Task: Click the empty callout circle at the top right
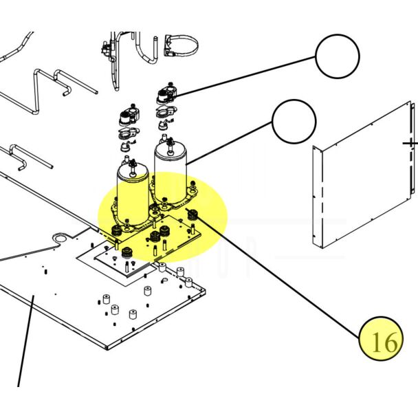(337, 56)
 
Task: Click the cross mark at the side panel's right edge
(411, 144)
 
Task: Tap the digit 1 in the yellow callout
(376, 342)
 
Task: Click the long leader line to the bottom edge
(25, 344)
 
